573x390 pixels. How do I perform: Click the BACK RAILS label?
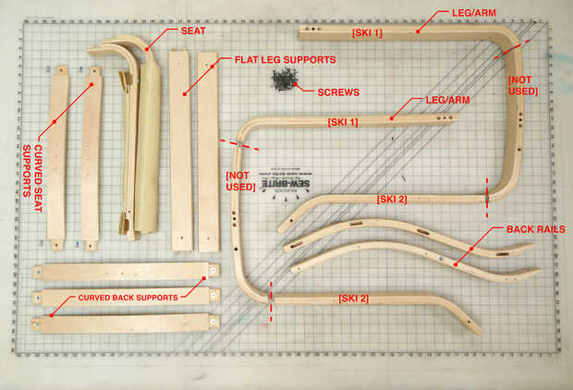(535, 228)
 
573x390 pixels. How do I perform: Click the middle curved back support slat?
(125, 297)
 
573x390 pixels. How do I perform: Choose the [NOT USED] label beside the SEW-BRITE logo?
(239, 181)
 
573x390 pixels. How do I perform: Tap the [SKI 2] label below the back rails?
(353, 298)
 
